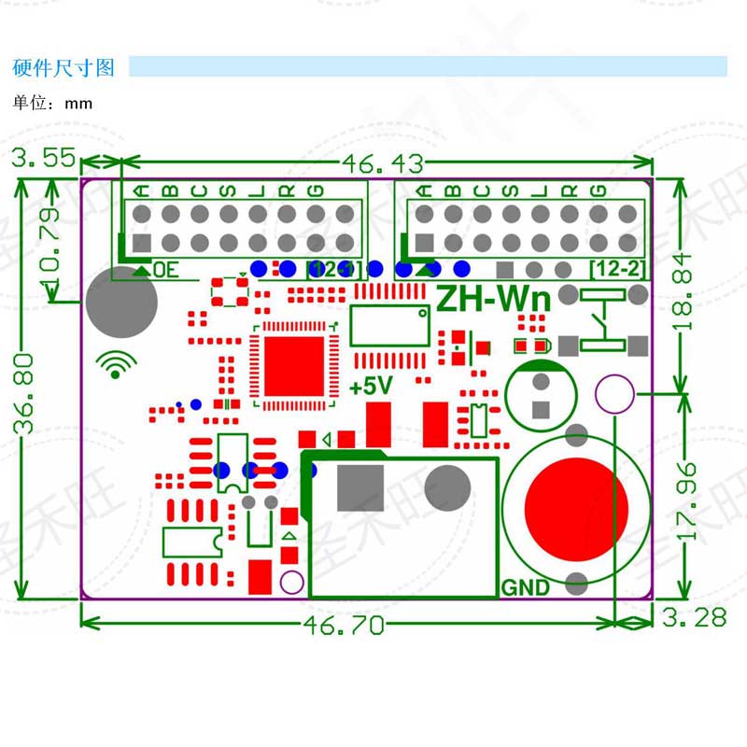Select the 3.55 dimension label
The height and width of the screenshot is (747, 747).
coord(45,159)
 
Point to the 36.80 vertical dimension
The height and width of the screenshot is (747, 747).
coord(25,393)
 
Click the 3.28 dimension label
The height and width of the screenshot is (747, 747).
coord(694,617)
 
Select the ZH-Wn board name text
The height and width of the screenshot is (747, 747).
coord(495,299)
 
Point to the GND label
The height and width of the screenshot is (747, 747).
coord(525,588)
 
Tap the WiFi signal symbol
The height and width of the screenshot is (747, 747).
coord(116,364)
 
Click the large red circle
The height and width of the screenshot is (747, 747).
coord(575,505)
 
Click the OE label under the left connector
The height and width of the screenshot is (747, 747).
coord(165,271)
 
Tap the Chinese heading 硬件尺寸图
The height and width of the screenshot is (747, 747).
coord(63,68)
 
